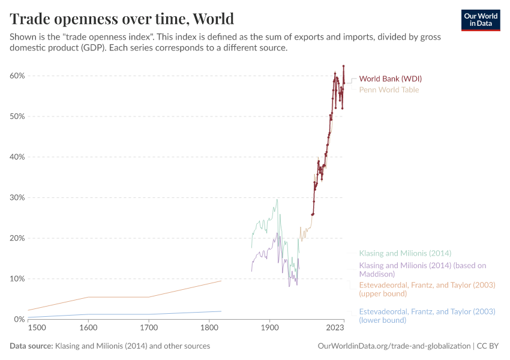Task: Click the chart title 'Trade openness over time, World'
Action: [122, 18]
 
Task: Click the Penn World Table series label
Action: [389, 90]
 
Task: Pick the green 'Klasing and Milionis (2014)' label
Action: [405, 253]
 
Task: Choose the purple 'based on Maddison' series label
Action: [422, 269]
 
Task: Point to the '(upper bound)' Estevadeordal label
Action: [426, 289]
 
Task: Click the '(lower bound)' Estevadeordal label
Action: [427, 316]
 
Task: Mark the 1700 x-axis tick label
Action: [149, 329]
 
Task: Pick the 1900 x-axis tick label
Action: [269, 329]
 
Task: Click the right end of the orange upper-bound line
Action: [221, 281]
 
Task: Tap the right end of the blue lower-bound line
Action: [221, 311]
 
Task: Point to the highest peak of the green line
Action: [277, 199]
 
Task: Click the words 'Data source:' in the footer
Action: [31, 346]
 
